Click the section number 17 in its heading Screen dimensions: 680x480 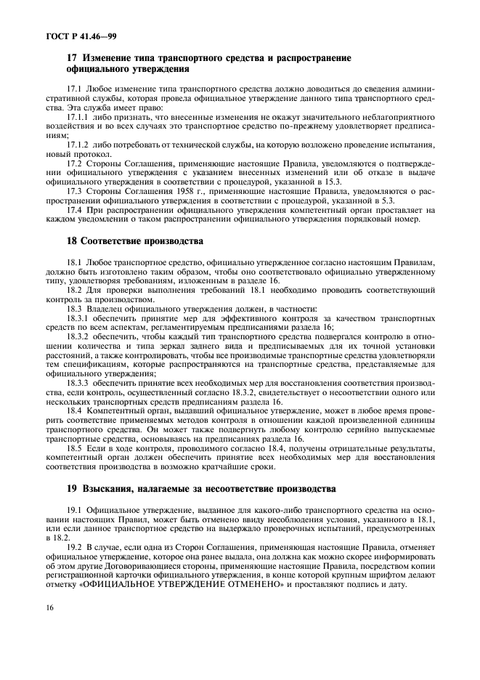(x=71, y=57)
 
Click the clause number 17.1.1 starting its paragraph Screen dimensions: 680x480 (x=78, y=116)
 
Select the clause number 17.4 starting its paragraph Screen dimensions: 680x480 (x=74, y=210)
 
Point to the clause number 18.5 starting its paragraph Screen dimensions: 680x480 (x=74, y=449)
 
